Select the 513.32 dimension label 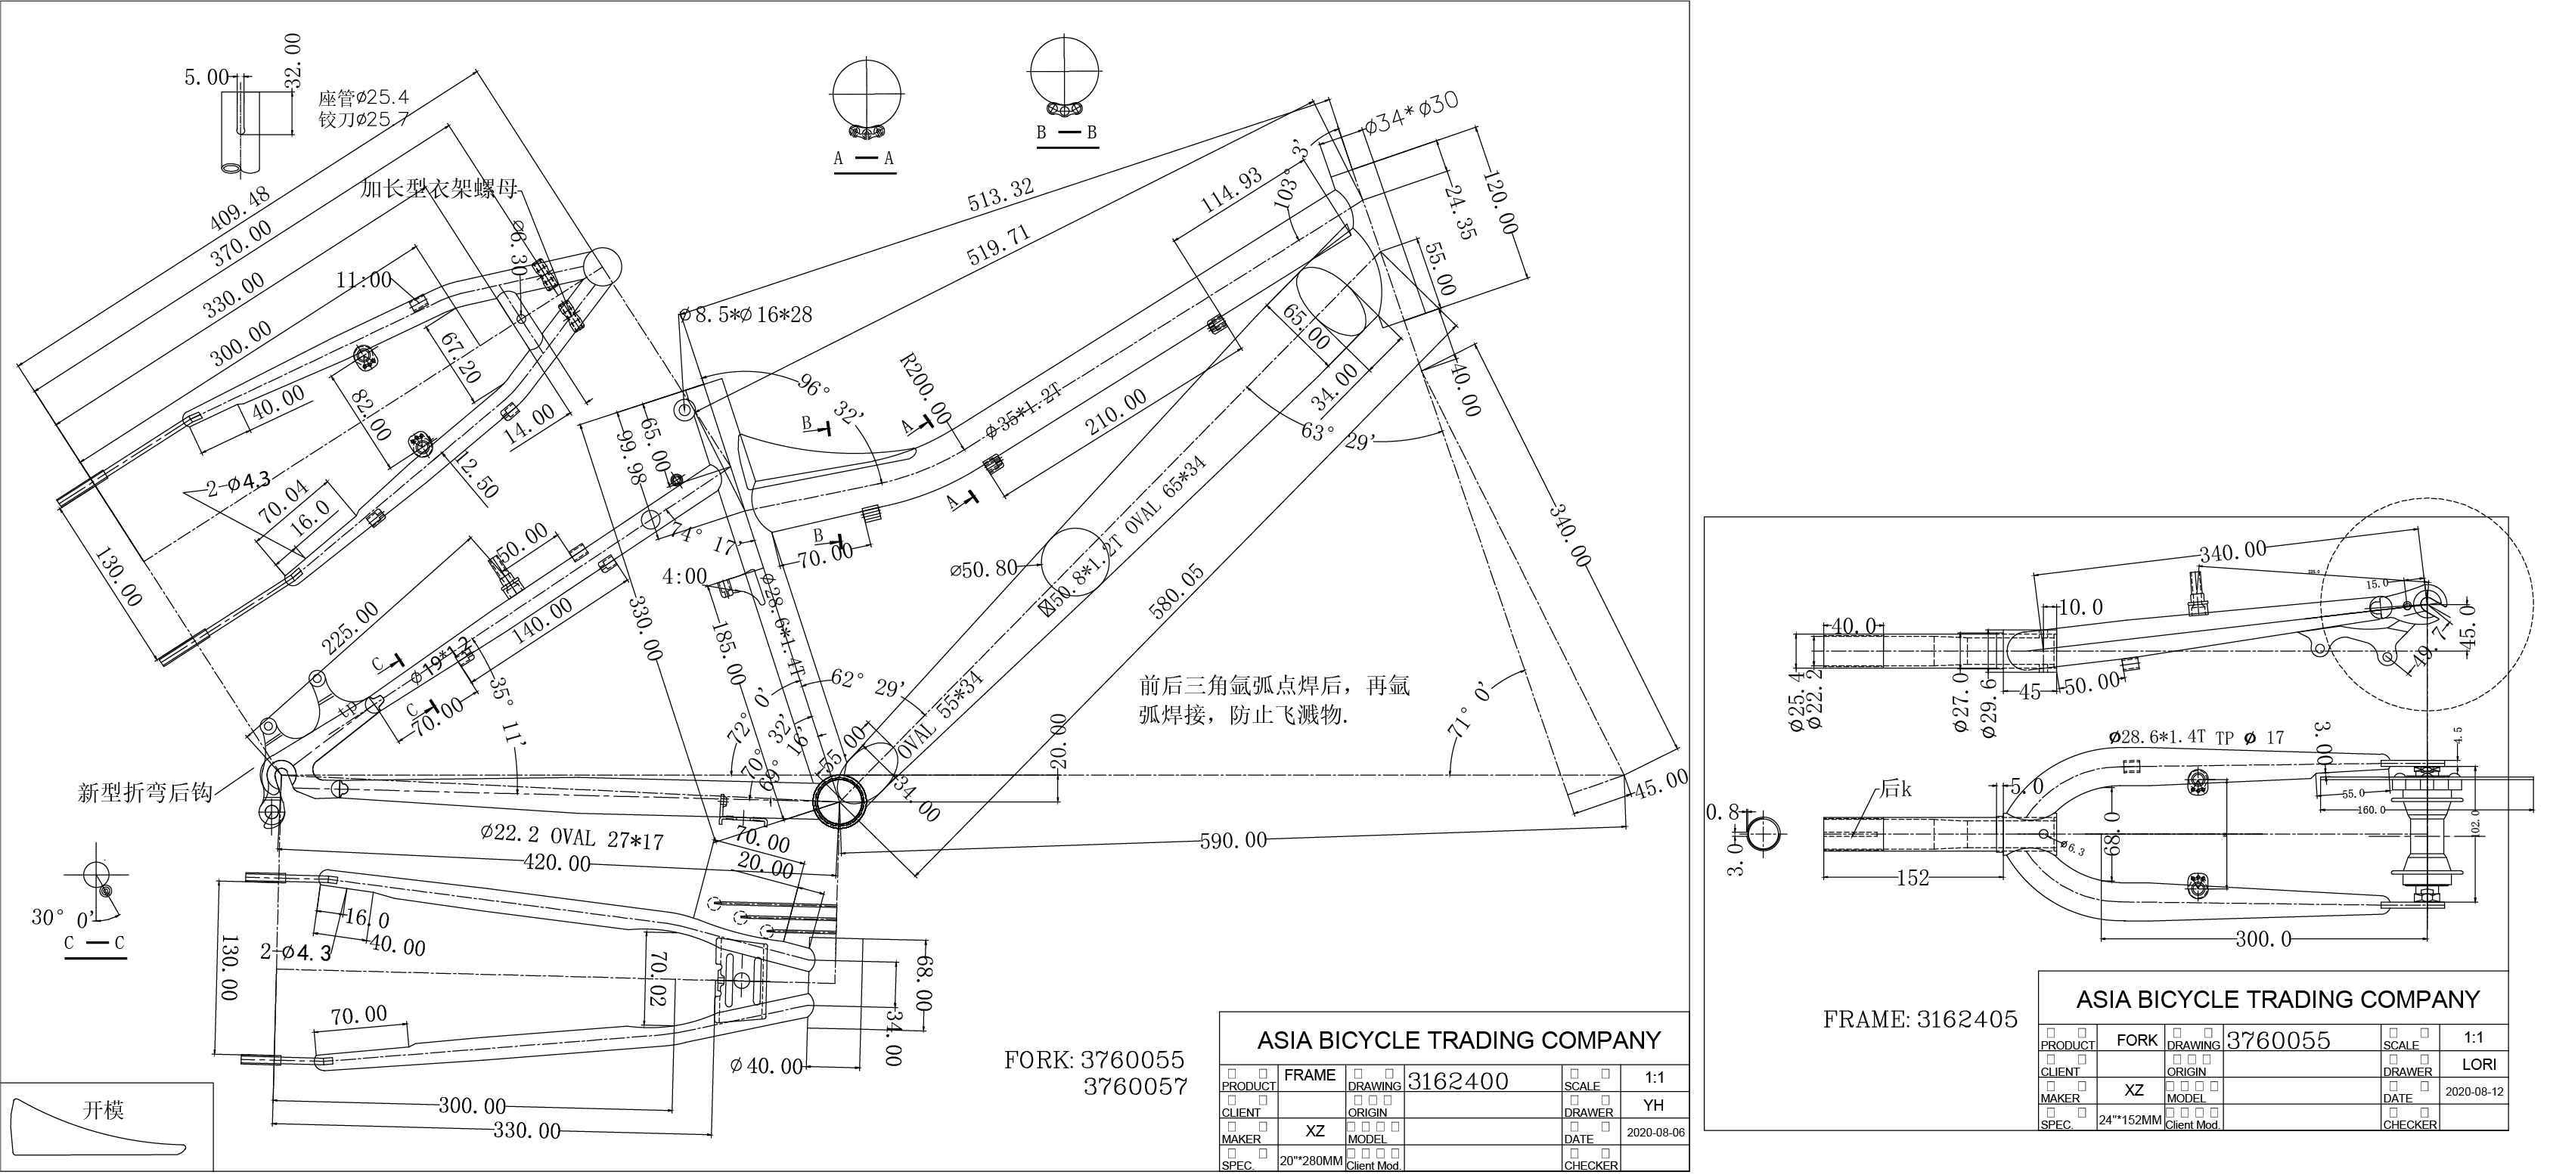[x=1000, y=194]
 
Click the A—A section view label [x=864, y=158]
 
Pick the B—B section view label [x=1066, y=132]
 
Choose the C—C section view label [x=95, y=944]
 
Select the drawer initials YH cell [x=1653, y=1105]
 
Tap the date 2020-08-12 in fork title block [x=2474, y=1092]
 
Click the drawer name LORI [x=2474, y=1064]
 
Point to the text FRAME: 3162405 [x=1919, y=1019]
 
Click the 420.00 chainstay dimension [x=557, y=863]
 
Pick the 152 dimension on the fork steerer [x=1912, y=878]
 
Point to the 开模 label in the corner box [x=103, y=1110]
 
